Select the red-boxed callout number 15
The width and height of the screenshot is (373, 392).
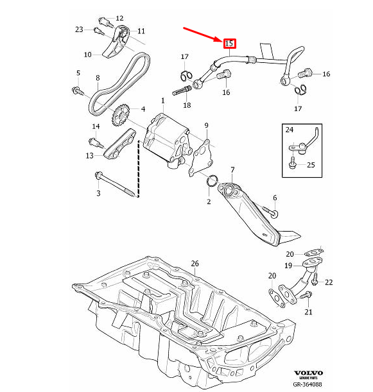coord(229,44)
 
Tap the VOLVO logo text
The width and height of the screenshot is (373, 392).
coord(308,373)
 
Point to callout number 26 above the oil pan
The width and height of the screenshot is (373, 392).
coord(195,264)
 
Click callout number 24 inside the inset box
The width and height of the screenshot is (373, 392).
coord(290,130)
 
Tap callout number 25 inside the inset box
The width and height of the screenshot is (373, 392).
coord(311,165)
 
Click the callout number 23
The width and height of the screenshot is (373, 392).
coord(79,30)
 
